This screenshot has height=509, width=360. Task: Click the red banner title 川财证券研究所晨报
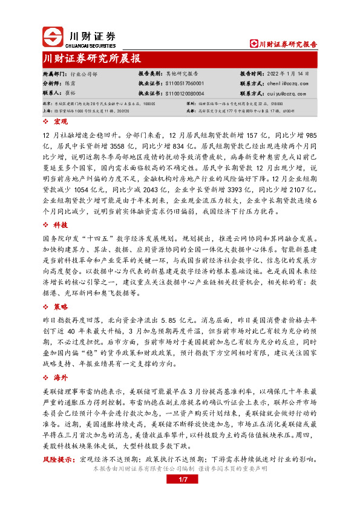click(x=93, y=59)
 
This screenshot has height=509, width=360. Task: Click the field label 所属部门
click(x=53, y=73)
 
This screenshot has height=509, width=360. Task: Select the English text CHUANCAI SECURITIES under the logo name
click(x=92, y=44)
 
